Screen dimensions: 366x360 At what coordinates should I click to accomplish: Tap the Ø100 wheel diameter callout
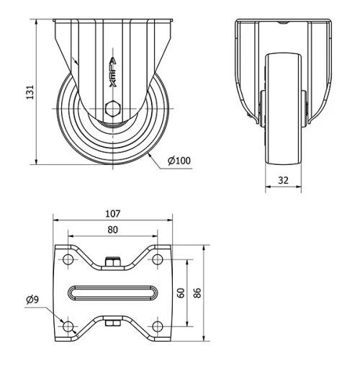tap(179, 160)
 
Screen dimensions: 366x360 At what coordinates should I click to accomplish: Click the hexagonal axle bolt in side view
tap(112, 110)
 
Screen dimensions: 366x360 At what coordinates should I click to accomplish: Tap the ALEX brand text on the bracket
tap(112, 72)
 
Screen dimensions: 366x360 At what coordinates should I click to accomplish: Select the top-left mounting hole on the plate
tap(68, 259)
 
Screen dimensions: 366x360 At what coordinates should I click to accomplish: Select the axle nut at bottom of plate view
tap(112, 323)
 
